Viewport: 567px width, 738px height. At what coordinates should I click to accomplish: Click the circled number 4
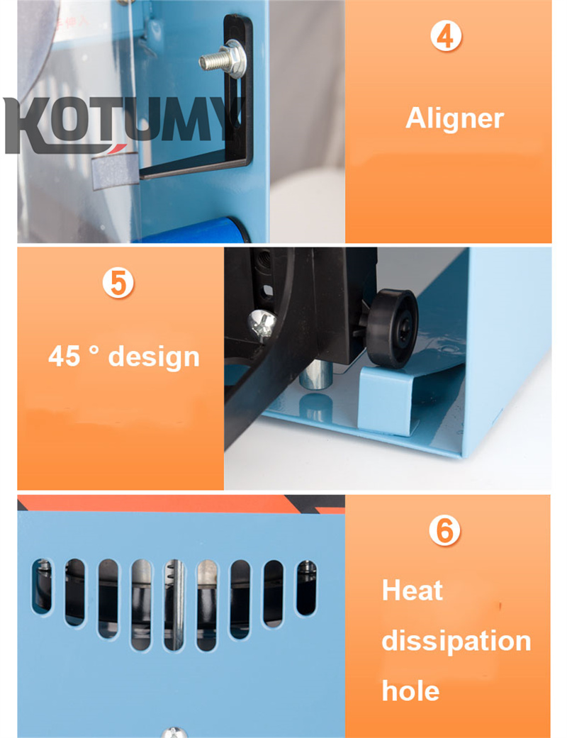[x=445, y=35]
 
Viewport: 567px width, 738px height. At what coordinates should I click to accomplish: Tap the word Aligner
[x=454, y=118]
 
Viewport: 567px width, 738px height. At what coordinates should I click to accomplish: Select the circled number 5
[x=118, y=282]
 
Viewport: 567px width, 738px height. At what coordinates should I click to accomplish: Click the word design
[x=155, y=356]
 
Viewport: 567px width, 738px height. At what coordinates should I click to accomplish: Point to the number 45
[x=64, y=356]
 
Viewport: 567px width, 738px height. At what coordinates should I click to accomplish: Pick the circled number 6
[x=444, y=530]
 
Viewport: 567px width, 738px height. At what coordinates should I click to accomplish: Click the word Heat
[x=412, y=591]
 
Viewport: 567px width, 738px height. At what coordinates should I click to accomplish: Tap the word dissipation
[x=456, y=640]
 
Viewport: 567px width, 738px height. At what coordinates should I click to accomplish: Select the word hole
[x=410, y=691]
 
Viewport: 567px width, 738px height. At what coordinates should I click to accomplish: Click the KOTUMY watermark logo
[x=120, y=124]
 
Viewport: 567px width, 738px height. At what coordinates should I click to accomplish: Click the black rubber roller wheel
[x=393, y=328]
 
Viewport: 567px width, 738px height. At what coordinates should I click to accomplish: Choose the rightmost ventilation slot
[x=306, y=587]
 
